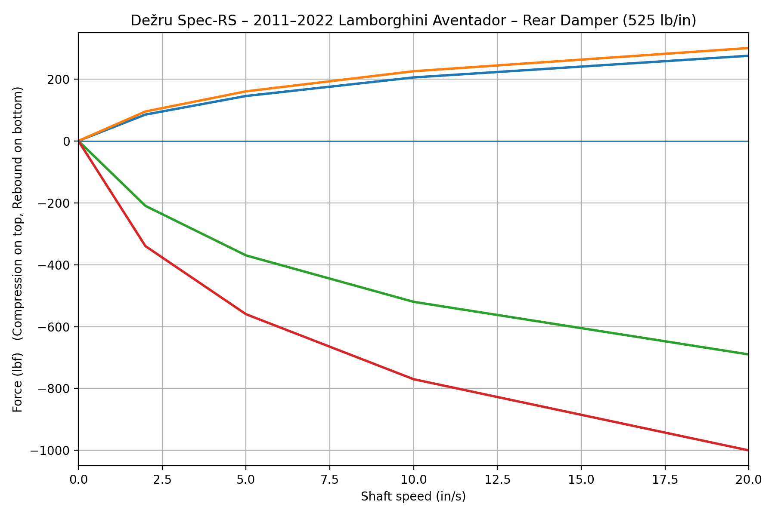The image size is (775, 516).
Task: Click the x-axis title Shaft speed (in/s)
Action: click(x=413, y=497)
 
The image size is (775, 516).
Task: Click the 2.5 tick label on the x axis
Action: click(x=162, y=479)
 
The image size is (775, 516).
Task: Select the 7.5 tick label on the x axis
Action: click(x=329, y=479)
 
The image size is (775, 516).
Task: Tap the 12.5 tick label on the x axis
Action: click(x=497, y=479)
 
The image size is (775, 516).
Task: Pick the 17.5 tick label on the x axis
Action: click(x=665, y=479)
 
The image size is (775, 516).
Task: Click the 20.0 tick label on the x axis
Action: click(x=748, y=479)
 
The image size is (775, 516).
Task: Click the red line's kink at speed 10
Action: click(x=413, y=379)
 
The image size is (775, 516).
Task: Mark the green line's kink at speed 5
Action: click(x=246, y=255)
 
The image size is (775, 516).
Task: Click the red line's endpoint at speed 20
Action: click(x=748, y=450)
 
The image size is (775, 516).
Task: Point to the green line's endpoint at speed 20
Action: click(x=748, y=354)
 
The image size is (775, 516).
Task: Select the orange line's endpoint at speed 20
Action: click(x=748, y=48)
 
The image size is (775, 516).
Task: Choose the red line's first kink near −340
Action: click(x=146, y=246)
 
